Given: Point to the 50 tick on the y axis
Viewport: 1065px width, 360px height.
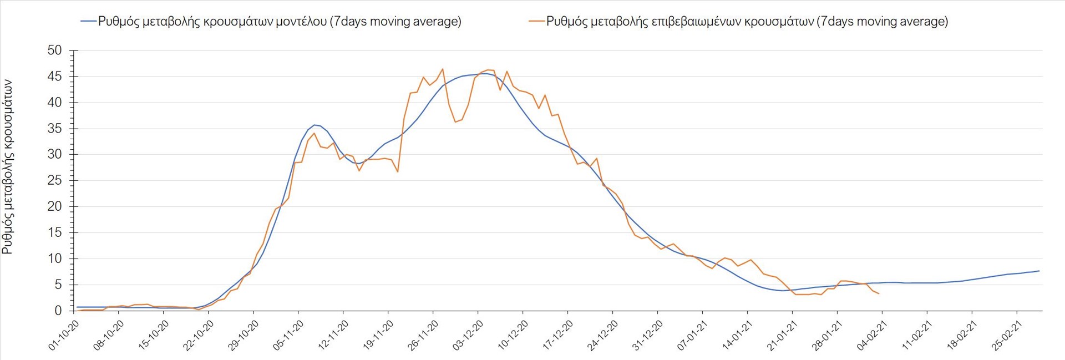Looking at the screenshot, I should point(55,50).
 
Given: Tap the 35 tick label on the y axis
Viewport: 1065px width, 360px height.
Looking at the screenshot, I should point(55,129).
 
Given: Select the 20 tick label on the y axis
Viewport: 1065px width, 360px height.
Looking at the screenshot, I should point(55,207).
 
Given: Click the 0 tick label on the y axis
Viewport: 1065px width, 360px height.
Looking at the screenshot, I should point(58,311).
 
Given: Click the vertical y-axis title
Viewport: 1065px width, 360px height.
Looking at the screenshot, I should point(7,166).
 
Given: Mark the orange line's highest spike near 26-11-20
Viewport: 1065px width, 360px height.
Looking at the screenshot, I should point(442,69).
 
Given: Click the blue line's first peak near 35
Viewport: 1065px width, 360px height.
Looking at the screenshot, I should point(315,125).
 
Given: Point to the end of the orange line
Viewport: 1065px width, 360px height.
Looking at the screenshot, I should point(879,293).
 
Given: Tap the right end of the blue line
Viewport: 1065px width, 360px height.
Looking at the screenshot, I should point(1039,271).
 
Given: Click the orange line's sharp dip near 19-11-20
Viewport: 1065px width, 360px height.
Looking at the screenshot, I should point(398,171).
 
